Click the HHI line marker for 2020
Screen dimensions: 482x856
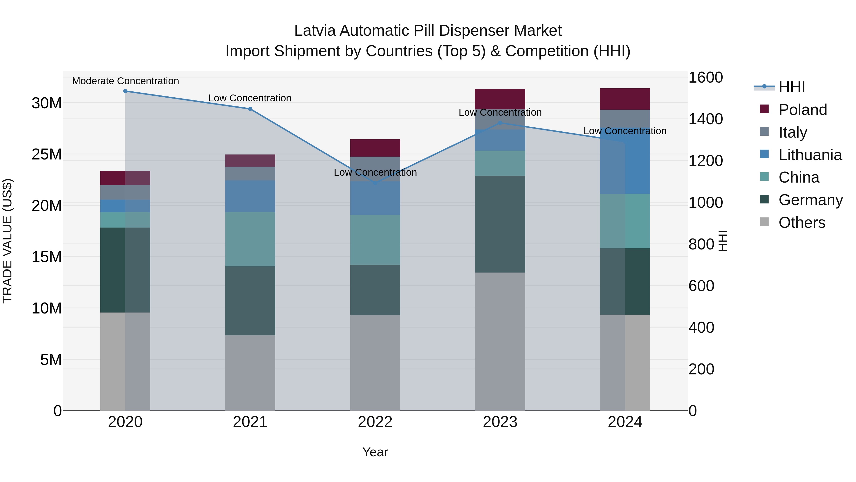(x=125, y=91)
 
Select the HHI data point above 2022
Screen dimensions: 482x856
(x=375, y=183)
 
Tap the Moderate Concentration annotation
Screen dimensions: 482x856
(x=125, y=81)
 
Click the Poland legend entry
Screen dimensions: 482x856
(x=802, y=110)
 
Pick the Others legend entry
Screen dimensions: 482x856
(x=802, y=223)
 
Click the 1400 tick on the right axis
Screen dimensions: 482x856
(x=705, y=119)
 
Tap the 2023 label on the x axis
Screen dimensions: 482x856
(x=500, y=422)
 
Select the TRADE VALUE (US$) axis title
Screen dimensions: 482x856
(x=7, y=241)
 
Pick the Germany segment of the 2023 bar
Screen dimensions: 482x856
(x=500, y=224)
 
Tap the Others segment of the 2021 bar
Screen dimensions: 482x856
(x=250, y=373)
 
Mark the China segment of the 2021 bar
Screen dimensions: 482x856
(x=250, y=239)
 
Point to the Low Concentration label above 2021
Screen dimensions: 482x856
(x=250, y=98)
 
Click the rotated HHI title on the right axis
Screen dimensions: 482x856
(x=723, y=241)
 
